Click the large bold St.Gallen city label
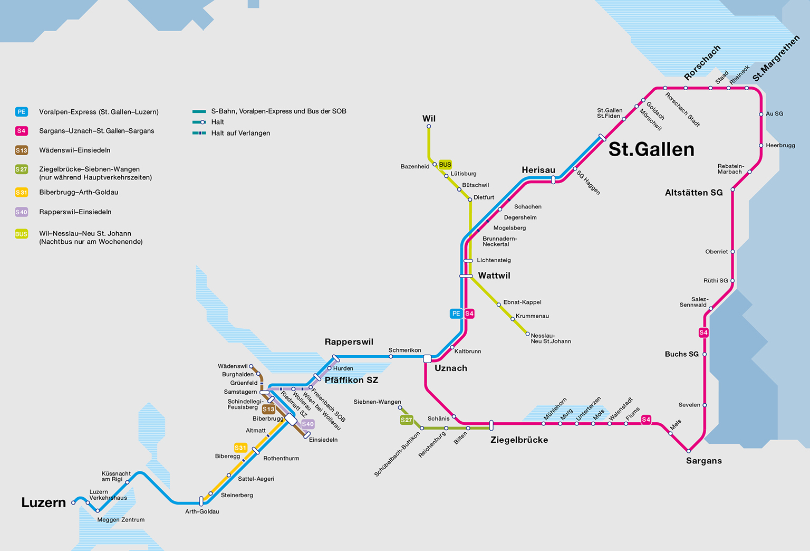point(651,149)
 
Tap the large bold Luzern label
point(44,502)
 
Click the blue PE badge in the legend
point(21,112)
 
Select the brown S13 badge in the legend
point(21,150)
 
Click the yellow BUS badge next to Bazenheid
point(445,165)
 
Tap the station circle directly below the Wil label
point(429,126)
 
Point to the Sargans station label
point(703,461)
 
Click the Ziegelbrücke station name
point(519,440)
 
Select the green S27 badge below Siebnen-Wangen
point(406,420)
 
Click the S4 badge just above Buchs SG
point(703,332)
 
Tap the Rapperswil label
point(349,342)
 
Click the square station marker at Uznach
point(427,359)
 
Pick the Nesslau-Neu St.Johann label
point(551,338)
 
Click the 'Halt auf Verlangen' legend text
point(240,133)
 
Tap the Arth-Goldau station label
point(202,511)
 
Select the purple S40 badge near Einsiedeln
point(307,424)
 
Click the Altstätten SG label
point(693,193)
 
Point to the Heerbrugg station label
point(780,145)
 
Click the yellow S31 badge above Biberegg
point(240,448)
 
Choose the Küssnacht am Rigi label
point(116,476)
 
